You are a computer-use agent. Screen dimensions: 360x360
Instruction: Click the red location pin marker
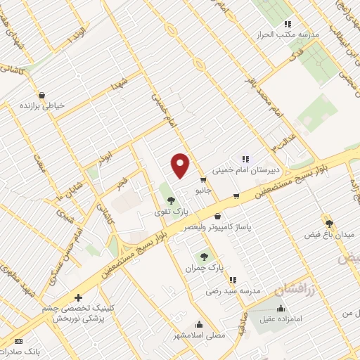181,165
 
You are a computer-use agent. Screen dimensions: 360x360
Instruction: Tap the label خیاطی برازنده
44,105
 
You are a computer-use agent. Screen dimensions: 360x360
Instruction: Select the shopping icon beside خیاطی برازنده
41,94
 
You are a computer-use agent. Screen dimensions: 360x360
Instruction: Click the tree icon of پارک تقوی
172,200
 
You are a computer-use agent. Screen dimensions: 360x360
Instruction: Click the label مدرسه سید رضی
233,290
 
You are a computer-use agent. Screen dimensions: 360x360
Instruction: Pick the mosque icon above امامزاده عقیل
281,308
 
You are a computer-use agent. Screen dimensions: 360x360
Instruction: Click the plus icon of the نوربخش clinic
78,298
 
